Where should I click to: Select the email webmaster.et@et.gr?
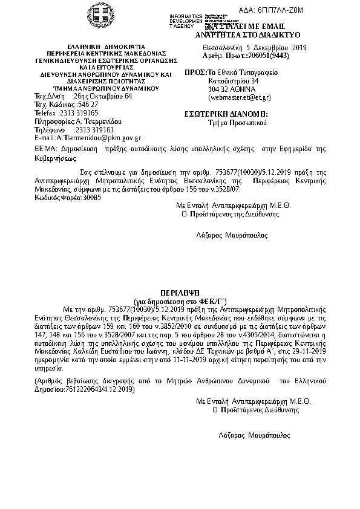(x=239, y=97)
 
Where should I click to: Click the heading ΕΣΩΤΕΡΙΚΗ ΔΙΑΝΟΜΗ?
(x=226, y=114)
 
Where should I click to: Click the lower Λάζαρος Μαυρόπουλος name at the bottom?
(x=254, y=435)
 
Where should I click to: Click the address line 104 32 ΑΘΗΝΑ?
(x=229, y=89)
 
